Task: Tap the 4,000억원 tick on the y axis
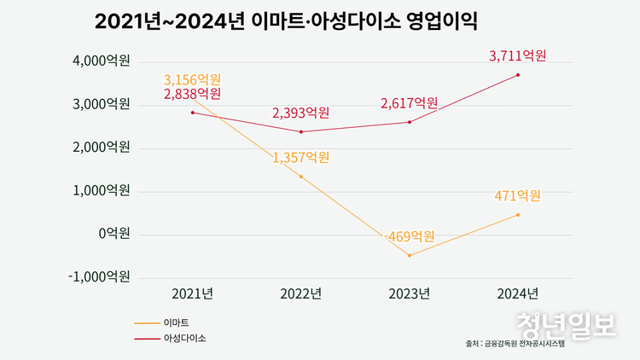pos(101,61)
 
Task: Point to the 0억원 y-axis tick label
pos(113,234)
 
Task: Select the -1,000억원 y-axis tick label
pos(99,276)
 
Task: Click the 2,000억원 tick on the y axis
pos(101,148)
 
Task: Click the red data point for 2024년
pos(517,75)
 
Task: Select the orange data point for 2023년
pos(409,255)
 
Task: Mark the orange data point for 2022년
pos(300,177)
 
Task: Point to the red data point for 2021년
pos(193,113)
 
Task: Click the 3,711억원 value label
pos(517,56)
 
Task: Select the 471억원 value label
pos(517,196)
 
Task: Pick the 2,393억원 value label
pos(300,113)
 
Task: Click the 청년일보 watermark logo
pos(565,325)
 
